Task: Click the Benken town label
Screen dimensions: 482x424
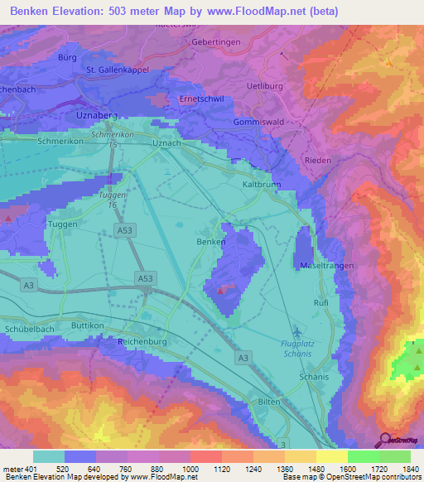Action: click(x=210, y=241)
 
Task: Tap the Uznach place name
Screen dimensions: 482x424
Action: click(x=166, y=143)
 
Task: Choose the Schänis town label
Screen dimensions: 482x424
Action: click(x=313, y=375)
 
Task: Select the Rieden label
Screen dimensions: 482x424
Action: click(x=318, y=160)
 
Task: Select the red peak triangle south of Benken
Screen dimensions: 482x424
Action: click(x=219, y=291)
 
